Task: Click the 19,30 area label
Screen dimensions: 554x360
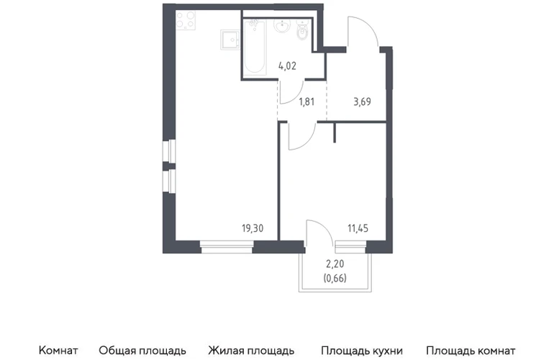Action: (253, 228)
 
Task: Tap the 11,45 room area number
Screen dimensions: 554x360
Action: (358, 228)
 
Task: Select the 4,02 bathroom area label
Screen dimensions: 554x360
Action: (287, 66)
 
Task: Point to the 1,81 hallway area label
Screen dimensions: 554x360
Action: (306, 102)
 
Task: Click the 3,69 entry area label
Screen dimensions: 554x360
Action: (362, 102)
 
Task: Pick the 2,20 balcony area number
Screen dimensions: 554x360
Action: (335, 264)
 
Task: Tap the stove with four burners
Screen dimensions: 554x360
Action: (186, 20)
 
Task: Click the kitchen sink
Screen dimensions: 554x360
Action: (230, 40)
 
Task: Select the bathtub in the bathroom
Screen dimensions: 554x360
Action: (255, 47)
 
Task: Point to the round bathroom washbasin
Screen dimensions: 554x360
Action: (282, 25)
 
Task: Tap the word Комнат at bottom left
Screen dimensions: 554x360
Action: (58, 351)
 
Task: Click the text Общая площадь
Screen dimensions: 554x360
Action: (142, 351)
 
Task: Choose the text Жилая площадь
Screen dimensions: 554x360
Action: (251, 351)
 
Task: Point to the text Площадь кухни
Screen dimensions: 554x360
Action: (362, 351)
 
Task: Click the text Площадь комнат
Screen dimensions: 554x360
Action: (471, 351)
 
